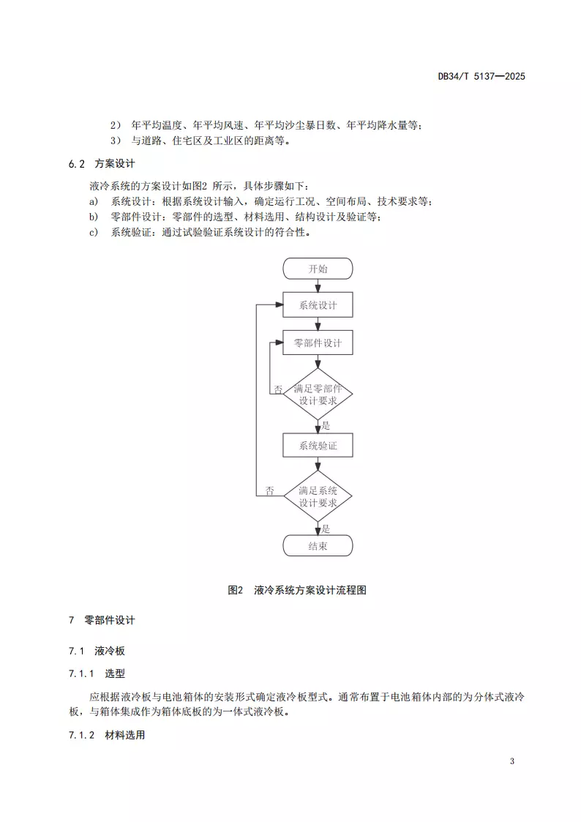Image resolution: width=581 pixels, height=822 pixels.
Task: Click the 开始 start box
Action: [318, 269]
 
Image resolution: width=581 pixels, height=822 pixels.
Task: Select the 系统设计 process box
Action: [318, 305]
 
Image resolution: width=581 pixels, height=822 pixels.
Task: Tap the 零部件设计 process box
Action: [318, 343]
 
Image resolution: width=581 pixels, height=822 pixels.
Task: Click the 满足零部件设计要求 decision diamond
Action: [318, 395]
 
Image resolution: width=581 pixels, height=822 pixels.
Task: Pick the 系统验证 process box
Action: [318, 445]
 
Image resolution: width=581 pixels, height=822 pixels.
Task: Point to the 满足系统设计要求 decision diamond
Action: [318, 496]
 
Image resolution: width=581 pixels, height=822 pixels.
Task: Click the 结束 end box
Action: [318, 546]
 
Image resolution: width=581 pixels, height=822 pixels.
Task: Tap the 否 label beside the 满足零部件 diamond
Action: [278, 389]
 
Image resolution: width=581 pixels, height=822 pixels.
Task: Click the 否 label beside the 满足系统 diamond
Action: [270, 491]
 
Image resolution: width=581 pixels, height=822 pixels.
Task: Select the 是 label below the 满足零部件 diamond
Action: [326, 425]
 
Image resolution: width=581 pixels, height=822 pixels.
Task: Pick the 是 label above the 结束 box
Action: [326, 528]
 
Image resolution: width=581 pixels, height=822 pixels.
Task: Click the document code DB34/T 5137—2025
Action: [481, 76]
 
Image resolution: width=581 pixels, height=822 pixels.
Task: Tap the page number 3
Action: [512, 761]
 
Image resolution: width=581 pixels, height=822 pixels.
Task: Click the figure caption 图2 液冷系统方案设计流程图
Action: [297, 590]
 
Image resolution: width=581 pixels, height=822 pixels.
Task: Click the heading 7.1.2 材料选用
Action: [106, 735]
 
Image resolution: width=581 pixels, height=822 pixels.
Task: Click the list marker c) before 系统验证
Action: [93, 233]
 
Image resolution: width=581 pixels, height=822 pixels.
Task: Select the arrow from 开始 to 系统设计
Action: [318, 286]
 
